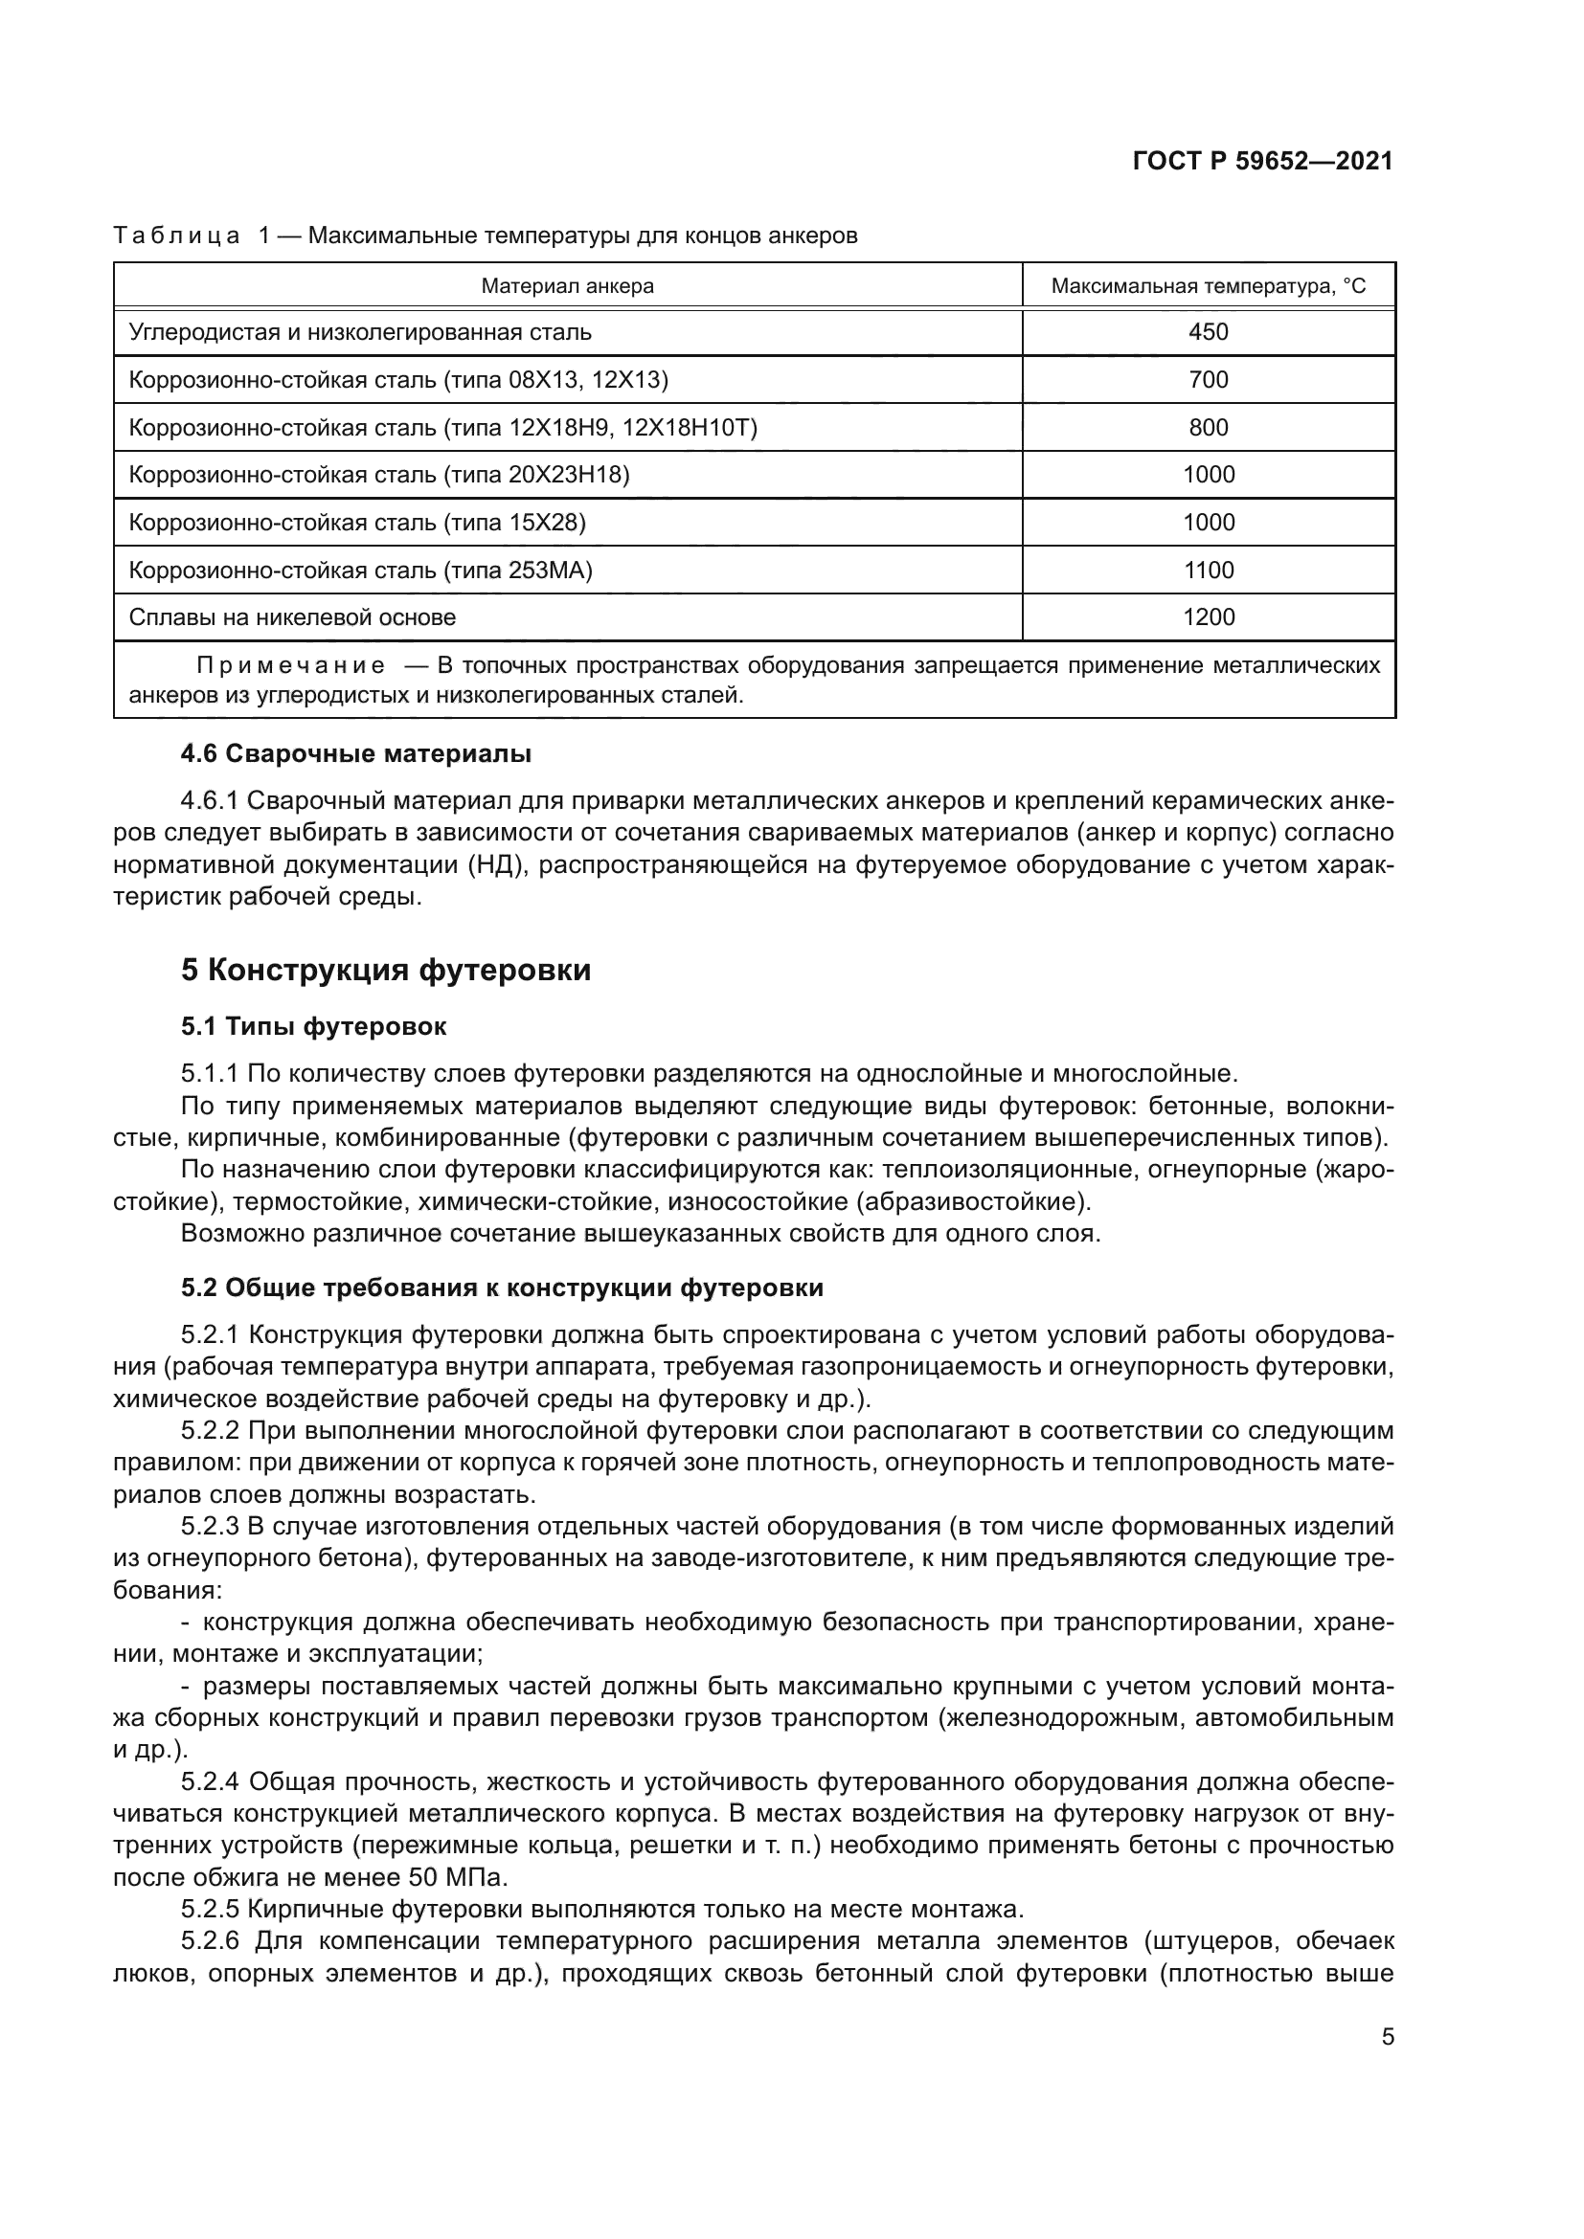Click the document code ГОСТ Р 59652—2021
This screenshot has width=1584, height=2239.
pyautogui.click(x=1262, y=162)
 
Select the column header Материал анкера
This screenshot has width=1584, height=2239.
pyautogui.click(x=568, y=285)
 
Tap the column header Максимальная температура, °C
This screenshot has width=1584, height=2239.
pyautogui.click(x=1209, y=285)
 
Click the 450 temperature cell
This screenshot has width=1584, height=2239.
pyautogui.click(x=1209, y=331)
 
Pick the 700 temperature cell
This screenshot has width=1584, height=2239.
pyautogui.click(x=1209, y=379)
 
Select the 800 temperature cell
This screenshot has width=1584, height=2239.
pyautogui.click(x=1209, y=427)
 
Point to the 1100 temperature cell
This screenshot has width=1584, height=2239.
pyautogui.click(x=1209, y=570)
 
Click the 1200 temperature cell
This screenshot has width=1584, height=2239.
pyautogui.click(x=1209, y=617)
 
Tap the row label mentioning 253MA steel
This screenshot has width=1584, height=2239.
pyautogui.click(x=361, y=570)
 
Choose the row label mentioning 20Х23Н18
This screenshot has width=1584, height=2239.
pyautogui.click(x=379, y=475)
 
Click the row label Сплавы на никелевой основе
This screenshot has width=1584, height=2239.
pyautogui.click(x=293, y=617)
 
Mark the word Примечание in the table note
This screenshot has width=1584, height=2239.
pyautogui.click(x=291, y=666)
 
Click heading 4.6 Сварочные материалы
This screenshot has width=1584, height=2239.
pyautogui.click(x=356, y=752)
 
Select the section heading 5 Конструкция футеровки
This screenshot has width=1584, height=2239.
pyautogui.click(x=385, y=971)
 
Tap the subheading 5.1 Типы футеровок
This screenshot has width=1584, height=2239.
pyautogui.click(x=313, y=1026)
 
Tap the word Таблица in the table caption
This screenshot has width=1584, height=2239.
pyautogui.click(x=176, y=236)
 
